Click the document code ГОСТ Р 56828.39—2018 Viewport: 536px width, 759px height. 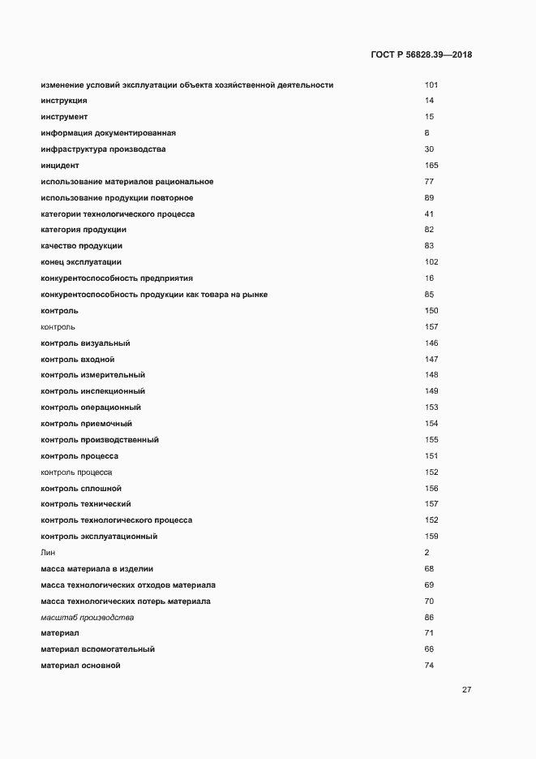[420, 55]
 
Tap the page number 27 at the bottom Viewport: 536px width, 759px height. [466, 690]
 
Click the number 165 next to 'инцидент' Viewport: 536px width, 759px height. [431, 165]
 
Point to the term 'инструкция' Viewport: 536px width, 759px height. [63, 101]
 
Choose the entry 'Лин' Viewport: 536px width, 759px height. [47, 553]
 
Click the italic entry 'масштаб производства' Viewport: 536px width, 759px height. [87, 618]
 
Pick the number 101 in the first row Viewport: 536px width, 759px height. [431, 84]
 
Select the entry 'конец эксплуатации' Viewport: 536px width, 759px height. [80, 262]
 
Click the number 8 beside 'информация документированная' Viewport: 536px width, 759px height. [427, 133]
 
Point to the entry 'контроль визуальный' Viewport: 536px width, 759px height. [85, 343]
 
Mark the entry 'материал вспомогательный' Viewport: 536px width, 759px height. [97, 649]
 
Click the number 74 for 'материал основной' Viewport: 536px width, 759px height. [429, 666]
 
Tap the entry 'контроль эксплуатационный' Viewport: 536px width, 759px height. [98, 537]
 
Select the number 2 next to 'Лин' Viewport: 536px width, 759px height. [427, 553]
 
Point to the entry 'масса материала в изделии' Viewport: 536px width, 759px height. [96, 569]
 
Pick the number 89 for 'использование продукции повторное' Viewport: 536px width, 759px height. [429, 198]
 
